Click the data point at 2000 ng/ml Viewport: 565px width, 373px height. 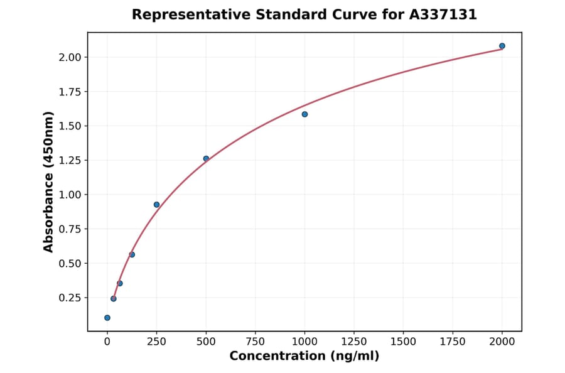502,46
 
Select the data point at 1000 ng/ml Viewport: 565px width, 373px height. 304,114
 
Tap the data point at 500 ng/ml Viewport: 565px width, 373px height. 206,158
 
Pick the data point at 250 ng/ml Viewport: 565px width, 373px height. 156,205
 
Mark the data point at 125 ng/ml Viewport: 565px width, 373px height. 132,254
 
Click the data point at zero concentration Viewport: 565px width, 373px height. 107,318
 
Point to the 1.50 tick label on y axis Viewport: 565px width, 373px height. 70,126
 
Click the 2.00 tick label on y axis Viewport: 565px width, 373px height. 70,57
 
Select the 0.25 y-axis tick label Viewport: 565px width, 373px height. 70,298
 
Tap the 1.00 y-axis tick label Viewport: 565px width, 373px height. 70,195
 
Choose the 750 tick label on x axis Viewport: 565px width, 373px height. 255,342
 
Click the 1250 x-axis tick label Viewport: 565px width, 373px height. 353,342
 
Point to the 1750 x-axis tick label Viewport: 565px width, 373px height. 453,342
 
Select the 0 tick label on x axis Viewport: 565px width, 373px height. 107,342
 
